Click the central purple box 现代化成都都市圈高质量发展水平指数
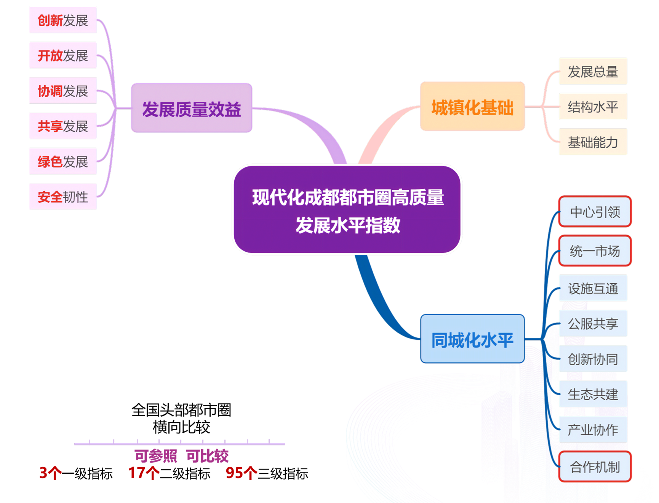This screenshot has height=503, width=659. [347, 210]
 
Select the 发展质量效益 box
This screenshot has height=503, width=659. [192, 108]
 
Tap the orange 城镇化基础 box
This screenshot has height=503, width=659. [472, 106]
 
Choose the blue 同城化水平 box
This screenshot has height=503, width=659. [472, 339]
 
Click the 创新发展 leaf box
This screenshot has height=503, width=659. [63, 20]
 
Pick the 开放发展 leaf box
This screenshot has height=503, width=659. [63, 55]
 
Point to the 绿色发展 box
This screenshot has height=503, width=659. [63, 161]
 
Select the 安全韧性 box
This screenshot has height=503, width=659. [63, 196]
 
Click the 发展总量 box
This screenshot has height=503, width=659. [593, 71]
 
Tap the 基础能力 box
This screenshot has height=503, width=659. [593, 142]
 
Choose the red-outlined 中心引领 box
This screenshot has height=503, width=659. [595, 212]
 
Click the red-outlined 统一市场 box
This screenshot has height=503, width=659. [595, 251]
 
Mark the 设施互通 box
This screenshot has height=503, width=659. [593, 288]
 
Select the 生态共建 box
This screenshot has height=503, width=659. [593, 394]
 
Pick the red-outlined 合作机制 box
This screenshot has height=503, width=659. [595, 467]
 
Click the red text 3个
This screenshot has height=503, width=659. [50, 473]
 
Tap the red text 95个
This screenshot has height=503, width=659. [241, 473]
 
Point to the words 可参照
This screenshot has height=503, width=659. [156, 456]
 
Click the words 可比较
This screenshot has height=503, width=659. [207, 456]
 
